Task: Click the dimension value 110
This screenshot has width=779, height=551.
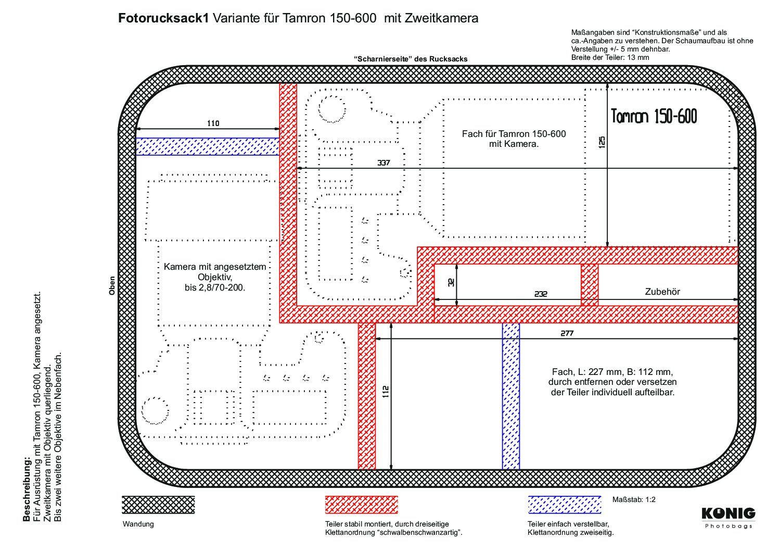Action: coord(213,123)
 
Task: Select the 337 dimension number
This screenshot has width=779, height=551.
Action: coord(384,162)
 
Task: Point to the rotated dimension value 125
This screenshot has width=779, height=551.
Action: coord(602,142)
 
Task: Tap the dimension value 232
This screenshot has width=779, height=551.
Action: coord(541,294)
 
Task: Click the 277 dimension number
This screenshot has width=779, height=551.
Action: coord(567,333)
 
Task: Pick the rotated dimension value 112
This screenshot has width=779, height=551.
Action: coord(385,392)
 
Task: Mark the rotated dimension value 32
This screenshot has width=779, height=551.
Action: coord(451,282)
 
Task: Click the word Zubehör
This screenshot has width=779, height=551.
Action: coord(662,292)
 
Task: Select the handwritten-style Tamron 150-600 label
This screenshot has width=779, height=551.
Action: coord(654,116)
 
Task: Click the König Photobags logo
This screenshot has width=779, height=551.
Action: coord(728,518)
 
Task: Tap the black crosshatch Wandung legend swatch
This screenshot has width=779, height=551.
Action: coord(158,505)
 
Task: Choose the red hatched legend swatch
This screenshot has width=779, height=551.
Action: coord(361,505)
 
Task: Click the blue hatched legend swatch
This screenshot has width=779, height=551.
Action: coord(565,505)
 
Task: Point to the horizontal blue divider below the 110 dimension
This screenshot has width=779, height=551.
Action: coord(207,146)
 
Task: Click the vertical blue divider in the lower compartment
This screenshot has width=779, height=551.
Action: coord(511,396)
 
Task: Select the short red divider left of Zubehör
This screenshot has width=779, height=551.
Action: coord(590,285)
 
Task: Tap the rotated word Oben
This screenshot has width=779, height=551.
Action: coord(112,286)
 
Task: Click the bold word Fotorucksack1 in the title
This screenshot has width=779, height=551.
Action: coord(163,18)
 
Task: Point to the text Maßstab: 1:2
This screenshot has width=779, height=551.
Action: coord(634,499)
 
